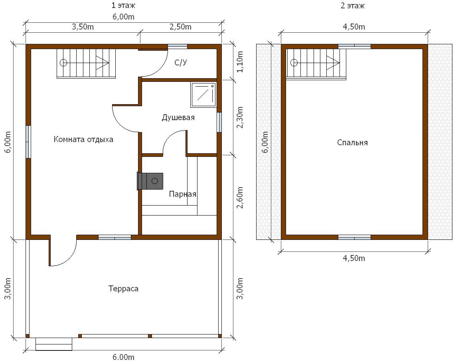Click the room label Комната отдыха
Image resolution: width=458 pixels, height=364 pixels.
[x=83, y=139]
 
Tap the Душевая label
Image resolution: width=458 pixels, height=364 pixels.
[x=178, y=117]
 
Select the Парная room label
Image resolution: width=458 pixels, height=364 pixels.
[x=183, y=194]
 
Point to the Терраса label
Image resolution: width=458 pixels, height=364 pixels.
[x=123, y=289]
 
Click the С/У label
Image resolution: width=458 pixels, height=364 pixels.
[x=181, y=62]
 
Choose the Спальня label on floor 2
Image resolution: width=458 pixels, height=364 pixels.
[x=352, y=142]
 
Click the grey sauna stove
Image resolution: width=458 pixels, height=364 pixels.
[x=150, y=181]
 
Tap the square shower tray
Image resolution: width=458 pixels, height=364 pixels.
[x=203, y=94]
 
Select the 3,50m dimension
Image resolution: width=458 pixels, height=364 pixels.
[x=83, y=27]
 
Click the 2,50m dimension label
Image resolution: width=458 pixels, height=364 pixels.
[x=180, y=27]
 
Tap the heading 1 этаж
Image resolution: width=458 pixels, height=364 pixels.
[x=123, y=5]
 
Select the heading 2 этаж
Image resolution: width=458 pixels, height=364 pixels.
[x=353, y=6]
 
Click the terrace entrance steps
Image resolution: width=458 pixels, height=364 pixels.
[x=54, y=344]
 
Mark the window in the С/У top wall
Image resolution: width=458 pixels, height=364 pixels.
[x=177, y=46]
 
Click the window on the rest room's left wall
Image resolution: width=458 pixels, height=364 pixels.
[x=28, y=142]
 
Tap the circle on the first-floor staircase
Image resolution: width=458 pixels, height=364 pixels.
[x=63, y=63]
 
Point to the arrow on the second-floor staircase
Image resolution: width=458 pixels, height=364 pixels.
[x=333, y=63]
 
